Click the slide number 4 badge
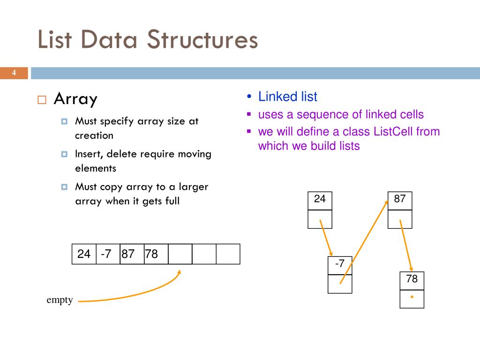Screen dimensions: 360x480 [14, 73]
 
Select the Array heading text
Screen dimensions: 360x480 [75, 99]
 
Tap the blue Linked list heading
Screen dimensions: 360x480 [287, 97]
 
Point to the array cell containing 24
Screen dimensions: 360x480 [84, 254]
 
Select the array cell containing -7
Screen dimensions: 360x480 [107, 254]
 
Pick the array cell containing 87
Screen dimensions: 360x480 [132, 254]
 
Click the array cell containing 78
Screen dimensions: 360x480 [156, 254]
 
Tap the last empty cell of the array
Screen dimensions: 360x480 [228, 254]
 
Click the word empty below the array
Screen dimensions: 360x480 [60, 300]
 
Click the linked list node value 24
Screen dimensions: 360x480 [320, 199]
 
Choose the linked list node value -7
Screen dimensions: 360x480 [339, 264]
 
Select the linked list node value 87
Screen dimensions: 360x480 [400, 199]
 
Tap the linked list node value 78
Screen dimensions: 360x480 [412, 280]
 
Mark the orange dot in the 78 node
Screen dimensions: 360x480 [412, 297]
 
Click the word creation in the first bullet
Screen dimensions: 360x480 [94, 135]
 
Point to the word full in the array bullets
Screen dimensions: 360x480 [172, 201]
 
